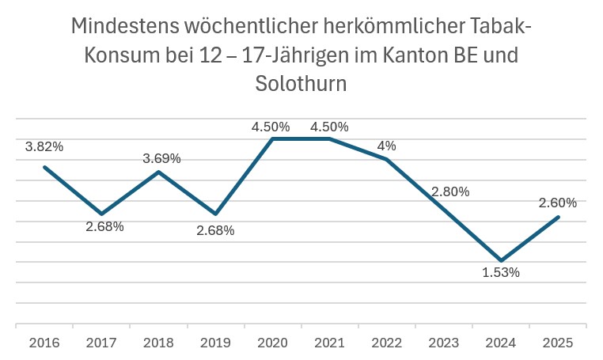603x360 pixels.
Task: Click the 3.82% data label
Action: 44,146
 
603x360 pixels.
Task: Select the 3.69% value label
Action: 161,158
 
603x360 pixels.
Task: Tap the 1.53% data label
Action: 500,273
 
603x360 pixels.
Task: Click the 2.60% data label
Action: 557,203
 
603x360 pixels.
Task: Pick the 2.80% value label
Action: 450,191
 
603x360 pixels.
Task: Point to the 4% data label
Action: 387,146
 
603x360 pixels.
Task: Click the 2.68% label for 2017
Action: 104,227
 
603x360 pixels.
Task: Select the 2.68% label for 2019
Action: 216,231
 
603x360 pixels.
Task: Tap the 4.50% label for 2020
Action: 271,127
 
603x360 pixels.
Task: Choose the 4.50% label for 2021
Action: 329,127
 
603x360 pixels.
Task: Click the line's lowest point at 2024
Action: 502,260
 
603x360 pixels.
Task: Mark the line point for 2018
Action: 159,172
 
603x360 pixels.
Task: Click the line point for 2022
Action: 387,160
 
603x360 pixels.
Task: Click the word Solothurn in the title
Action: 301,83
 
